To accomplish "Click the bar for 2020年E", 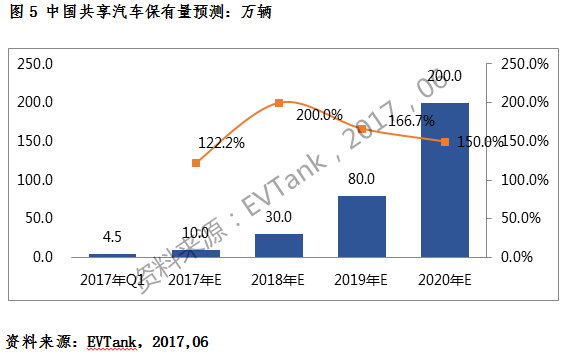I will (444, 180).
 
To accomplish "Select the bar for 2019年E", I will (361, 226).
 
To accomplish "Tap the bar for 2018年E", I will (279, 245).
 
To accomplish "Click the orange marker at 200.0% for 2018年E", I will (279, 103).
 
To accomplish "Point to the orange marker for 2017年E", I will (196, 162).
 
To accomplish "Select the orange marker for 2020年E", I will (445, 141).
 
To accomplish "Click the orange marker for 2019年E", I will (362, 129).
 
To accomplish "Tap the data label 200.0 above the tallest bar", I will (444, 76).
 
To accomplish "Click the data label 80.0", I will (361, 180).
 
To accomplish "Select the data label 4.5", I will (114, 238).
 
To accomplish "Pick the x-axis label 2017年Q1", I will (114, 278).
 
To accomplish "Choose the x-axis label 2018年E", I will (279, 278).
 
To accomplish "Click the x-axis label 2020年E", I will (444, 278).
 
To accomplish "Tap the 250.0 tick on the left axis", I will (37, 64).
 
